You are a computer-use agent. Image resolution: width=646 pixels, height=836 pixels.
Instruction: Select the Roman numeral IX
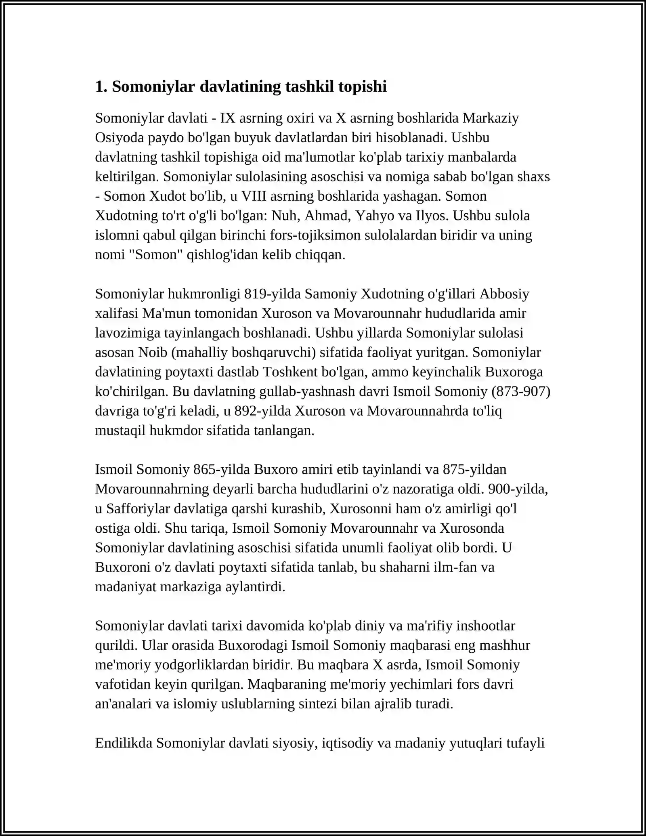[x=228, y=118]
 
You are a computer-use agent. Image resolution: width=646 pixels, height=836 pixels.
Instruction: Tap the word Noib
[x=153, y=352]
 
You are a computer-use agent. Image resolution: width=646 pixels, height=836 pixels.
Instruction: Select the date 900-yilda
[x=518, y=489]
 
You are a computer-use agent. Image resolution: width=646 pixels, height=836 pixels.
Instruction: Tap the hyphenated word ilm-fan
[x=451, y=567]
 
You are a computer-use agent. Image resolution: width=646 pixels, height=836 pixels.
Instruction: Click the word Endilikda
[x=124, y=743]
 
